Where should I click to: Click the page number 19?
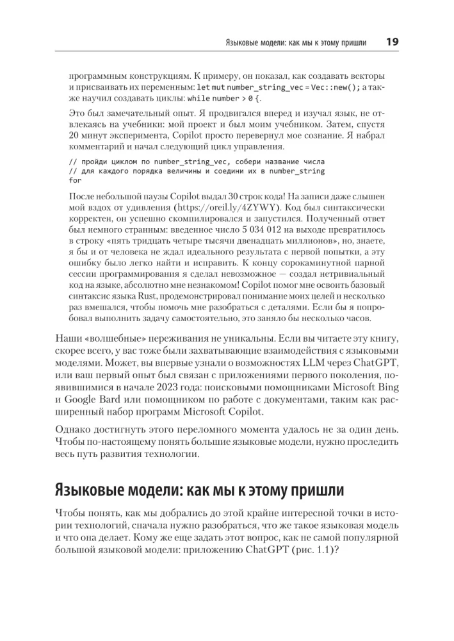tap(392, 42)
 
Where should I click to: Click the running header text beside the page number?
tap(296, 43)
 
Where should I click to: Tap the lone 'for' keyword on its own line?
tap(74, 181)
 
